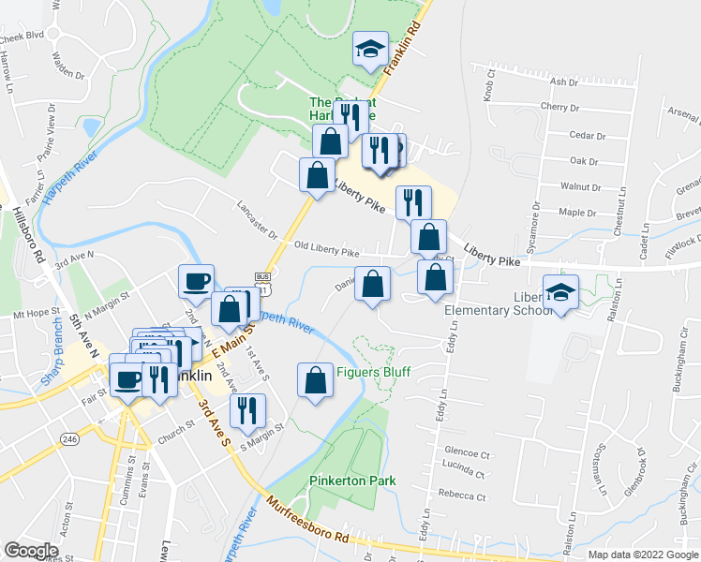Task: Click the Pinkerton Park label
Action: [352, 481]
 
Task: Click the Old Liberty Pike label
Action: [326, 252]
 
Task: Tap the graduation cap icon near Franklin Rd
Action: [370, 49]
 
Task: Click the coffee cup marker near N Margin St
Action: [197, 280]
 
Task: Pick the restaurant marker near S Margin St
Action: [248, 410]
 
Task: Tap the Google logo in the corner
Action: [31, 550]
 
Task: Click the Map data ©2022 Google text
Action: [643, 555]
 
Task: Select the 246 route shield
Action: [69, 436]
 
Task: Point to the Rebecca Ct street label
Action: [468, 496]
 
